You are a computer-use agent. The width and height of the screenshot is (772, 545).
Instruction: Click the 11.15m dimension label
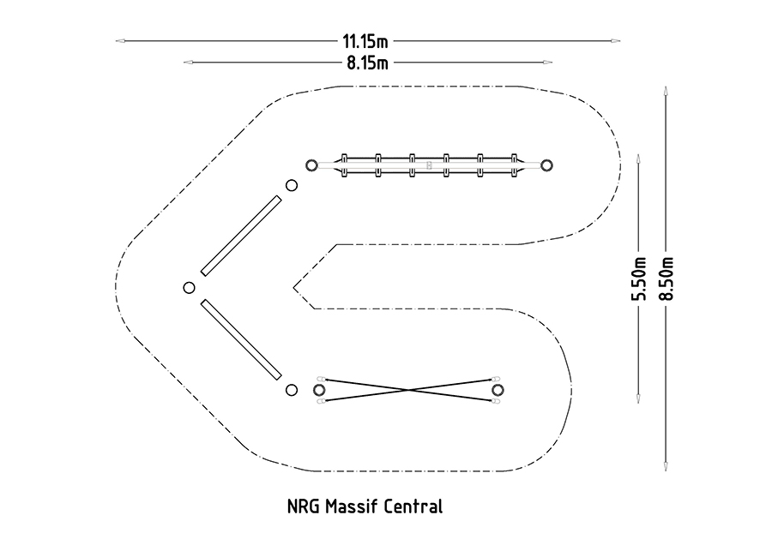(x=365, y=40)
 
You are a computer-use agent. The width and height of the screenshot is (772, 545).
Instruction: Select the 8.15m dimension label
(x=367, y=62)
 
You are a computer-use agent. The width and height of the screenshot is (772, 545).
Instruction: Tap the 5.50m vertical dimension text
(x=638, y=278)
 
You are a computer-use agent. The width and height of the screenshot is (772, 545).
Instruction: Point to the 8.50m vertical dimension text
(x=666, y=278)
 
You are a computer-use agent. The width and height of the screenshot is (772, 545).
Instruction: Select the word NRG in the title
(x=303, y=506)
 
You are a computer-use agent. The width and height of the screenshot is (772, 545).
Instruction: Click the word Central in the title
(x=415, y=506)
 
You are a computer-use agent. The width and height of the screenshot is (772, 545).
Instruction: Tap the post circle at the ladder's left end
(x=313, y=165)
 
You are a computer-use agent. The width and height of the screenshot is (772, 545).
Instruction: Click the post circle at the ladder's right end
(x=547, y=165)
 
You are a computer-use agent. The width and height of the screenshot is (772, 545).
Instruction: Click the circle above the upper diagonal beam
(x=292, y=185)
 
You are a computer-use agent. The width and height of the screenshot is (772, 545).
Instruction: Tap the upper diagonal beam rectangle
(x=241, y=236)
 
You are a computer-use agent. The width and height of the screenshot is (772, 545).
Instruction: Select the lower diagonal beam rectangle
(x=241, y=339)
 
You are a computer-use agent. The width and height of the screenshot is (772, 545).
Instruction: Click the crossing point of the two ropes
(x=408, y=390)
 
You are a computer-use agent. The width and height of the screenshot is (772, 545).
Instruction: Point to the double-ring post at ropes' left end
(x=320, y=390)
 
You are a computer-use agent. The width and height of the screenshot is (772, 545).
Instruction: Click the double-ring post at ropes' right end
(x=498, y=390)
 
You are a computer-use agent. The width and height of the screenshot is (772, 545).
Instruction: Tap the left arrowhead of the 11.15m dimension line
(x=121, y=40)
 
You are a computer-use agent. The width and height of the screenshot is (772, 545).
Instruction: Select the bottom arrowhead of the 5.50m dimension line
(x=638, y=399)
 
